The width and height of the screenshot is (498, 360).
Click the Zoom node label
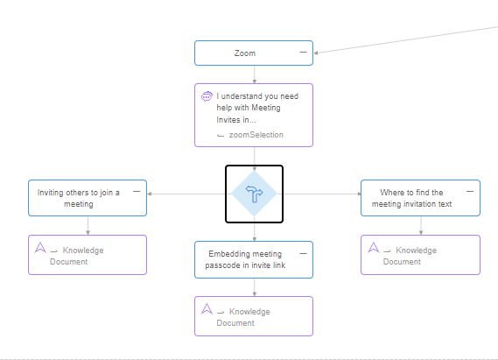tap(245, 53)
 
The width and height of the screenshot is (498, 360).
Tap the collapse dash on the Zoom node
tap(304, 52)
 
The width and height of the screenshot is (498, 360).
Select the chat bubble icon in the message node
tap(207, 96)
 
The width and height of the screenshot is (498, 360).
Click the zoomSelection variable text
tap(256, 135)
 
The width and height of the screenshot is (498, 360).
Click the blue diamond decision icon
tap(254, 194)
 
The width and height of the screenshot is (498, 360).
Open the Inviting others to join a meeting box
tap(88, 198)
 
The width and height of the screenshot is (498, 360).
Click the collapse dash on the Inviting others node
tap(137, 191)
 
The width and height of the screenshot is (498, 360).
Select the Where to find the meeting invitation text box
tap(420, 198)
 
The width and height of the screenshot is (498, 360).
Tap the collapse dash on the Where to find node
tap(470, 191)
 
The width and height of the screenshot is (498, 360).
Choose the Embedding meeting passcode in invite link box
tap(254, 259)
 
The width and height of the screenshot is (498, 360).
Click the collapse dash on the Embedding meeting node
tap(304, 253)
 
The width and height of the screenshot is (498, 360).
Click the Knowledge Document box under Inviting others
tap(88, 255)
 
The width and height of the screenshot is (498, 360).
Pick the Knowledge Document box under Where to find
tap(420, 255)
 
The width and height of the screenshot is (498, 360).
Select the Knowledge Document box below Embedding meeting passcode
tap(254, 316)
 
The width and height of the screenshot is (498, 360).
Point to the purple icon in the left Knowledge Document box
tap(40, 248)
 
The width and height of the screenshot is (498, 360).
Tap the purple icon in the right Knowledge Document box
tap(374, 248)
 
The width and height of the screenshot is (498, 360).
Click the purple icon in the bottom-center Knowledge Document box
tap(207, 309)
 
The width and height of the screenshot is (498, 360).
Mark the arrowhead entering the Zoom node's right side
tap(316, 53)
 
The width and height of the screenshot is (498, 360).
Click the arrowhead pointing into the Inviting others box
tap(150, 194)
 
